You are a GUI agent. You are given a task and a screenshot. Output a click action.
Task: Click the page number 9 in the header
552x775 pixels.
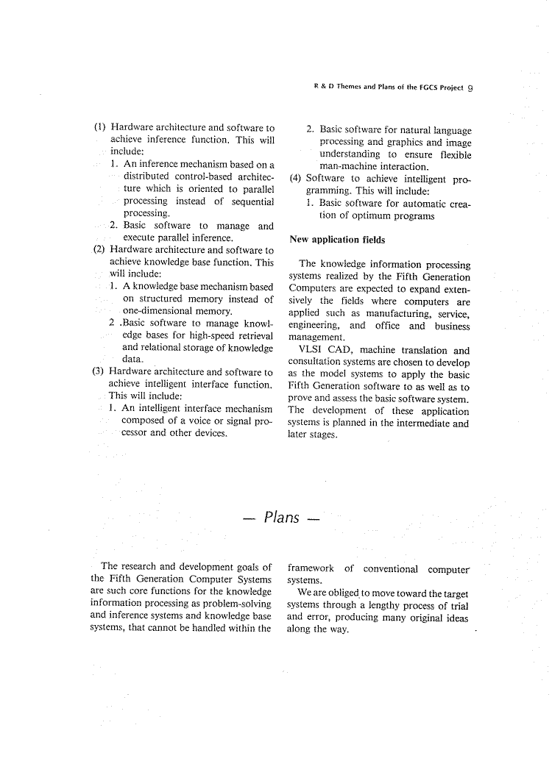(x=469, y=87)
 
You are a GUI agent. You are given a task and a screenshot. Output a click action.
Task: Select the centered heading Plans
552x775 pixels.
(x=282, y=518)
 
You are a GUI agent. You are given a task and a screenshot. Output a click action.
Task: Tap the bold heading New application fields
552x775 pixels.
(x=337, y=240)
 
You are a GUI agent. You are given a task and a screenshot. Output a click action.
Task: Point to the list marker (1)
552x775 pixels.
(x=100, y=127)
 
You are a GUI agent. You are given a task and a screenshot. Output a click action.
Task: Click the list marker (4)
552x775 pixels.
(x=295, y=178)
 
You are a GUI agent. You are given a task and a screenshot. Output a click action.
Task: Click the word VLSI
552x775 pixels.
(x=313, y=351)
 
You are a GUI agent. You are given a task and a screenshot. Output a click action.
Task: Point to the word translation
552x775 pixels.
(x=421, y=351)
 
